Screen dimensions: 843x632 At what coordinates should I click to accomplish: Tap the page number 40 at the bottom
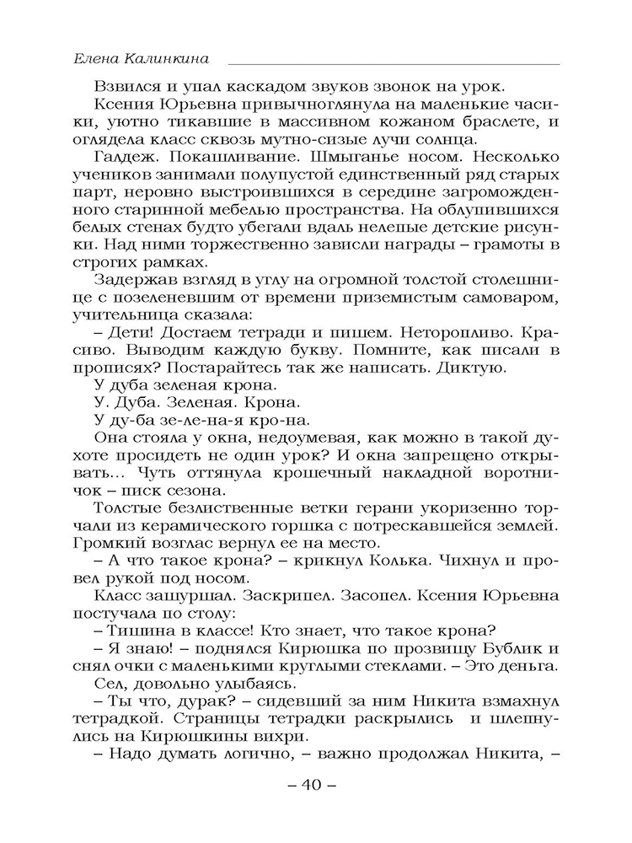pyautogui.click(x=311, y=787)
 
